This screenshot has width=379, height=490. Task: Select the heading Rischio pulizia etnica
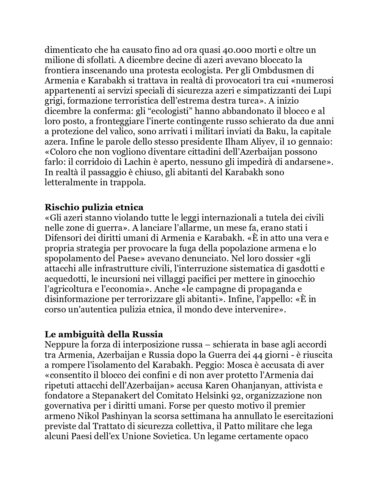click(x=94, y=207)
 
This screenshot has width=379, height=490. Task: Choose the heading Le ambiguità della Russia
click(x=104, y=334)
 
